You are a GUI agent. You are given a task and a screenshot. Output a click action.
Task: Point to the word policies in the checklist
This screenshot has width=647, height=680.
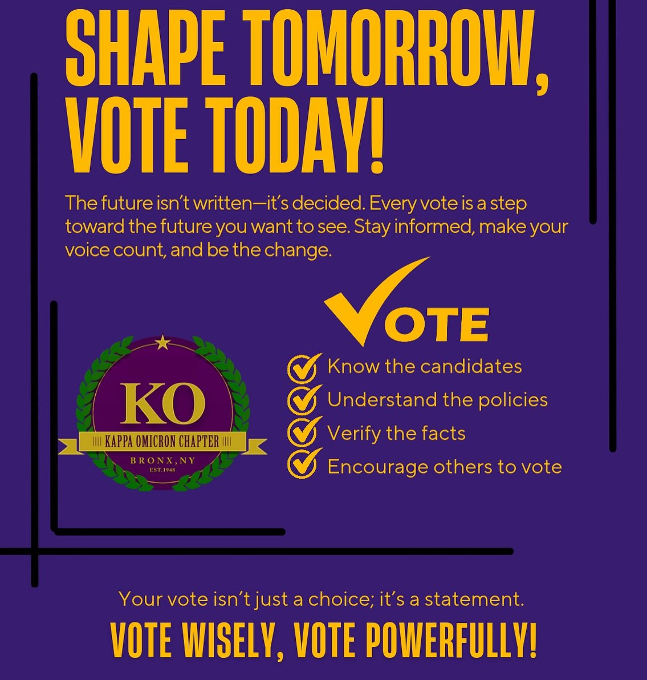(x=512, y=399)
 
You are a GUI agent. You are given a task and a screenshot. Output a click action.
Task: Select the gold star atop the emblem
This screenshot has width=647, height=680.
(x=163, y=343)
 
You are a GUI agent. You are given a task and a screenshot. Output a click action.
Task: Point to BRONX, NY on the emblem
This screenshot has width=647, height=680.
(x=162, y=460)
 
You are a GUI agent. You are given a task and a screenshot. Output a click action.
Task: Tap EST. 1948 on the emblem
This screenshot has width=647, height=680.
(x=162, y=471)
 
